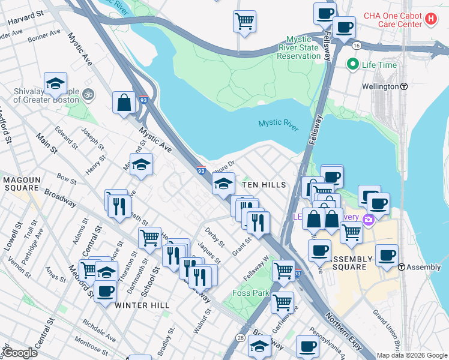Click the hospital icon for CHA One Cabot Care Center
tap(430, 19)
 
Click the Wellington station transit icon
tap(405, 86)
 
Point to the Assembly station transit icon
tap(402, 267)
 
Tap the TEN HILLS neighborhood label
tap(263, 185)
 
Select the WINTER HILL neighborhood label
tap(142, 305)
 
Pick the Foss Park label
tap(251, 293)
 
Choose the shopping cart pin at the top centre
tap(244, 21)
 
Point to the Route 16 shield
tap(357, 46)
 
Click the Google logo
tap(20, 353)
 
